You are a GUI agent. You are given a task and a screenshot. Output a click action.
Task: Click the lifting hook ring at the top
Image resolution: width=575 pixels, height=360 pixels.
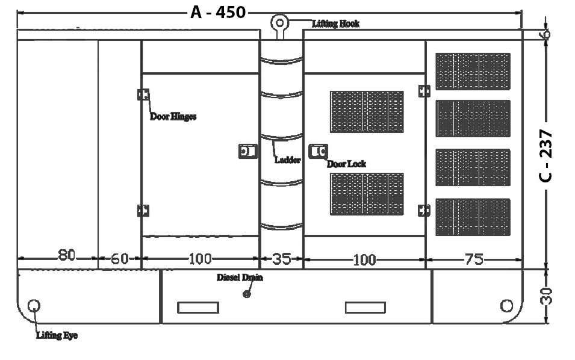click(279, 23)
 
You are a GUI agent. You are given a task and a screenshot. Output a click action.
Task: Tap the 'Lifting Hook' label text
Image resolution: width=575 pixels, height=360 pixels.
click(335, 23)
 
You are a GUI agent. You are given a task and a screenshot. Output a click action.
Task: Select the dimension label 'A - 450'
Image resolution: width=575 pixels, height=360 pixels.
click(218, 12)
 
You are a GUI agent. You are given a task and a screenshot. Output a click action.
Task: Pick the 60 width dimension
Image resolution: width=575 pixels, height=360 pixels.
click(120, 259)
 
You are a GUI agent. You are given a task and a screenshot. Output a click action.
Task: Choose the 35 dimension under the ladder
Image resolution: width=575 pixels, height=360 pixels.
click(281, 259)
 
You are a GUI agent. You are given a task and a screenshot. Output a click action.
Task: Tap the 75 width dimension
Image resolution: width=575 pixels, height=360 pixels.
click(474, 259)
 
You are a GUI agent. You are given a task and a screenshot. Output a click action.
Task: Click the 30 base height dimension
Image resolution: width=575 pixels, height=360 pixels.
click(546, 296)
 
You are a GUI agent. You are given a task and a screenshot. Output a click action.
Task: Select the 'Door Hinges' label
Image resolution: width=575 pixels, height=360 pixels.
click(173, 117)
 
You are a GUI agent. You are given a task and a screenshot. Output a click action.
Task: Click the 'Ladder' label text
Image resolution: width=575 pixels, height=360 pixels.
click(287, 160)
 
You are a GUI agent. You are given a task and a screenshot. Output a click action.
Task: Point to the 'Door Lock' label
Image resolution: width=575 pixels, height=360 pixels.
click(346, 164)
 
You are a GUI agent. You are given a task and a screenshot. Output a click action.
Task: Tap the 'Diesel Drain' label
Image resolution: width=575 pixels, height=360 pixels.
click(240, 278)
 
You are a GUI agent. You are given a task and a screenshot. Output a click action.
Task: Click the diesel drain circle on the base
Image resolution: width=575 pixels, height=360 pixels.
click(246, 294)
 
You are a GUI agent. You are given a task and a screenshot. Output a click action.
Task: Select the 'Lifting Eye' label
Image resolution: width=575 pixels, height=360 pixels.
click(57, 335)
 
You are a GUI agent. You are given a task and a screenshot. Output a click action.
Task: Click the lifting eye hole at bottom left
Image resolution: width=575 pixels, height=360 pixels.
click(34, 305)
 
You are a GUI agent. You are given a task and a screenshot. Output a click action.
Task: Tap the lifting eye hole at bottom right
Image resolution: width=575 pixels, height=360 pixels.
click(506, 305)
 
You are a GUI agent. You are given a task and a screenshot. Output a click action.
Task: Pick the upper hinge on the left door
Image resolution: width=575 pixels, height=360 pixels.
click(143, 95)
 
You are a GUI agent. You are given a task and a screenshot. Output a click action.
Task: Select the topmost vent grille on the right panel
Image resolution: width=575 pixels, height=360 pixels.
click(473, 71)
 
